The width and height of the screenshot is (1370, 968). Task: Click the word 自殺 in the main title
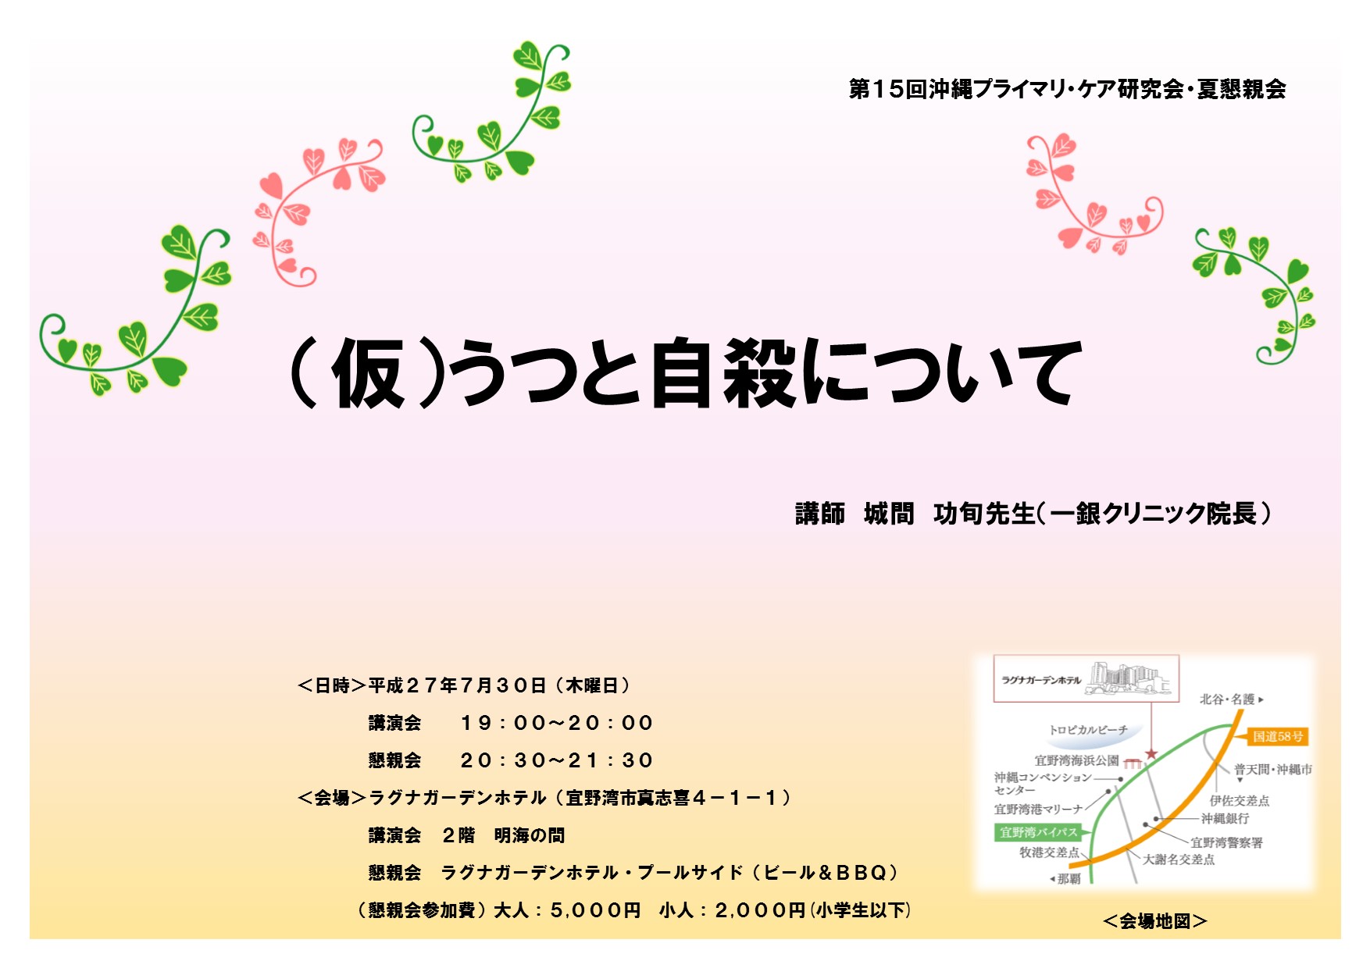pyautogui.click(x=722, y=373)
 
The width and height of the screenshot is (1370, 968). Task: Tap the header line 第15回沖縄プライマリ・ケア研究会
pyautogui.click(x=1016, y=89)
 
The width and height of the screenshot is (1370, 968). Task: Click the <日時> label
pyautogui.click(x=332, y=685)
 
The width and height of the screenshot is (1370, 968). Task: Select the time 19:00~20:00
pyautogui.click(x=556, y=723)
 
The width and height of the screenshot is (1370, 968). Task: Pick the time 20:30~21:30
pyautogui.click(x=556, y=760)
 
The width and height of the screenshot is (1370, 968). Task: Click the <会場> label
pyautogui.click(x=332, y=798)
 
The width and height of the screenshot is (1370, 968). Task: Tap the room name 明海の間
pyautogui.click(x=529, y=835)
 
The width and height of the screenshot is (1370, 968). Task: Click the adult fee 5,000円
pyautogui.click(x=595, y=910)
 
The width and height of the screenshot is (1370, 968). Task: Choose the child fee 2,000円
pyautogui.click(x=760, y=910)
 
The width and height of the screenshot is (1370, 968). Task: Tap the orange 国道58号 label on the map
pyautogui.click(x=1278, y=736)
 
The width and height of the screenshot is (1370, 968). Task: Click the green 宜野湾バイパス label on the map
pyautogui.click(x=1038, y=832)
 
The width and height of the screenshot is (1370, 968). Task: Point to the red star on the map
pyautogui.click(x=1151, y=754)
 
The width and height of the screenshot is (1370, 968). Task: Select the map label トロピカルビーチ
pyautogui.click(x=1088, y=730)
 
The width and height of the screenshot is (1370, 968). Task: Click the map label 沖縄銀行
pyautogui.click(x=1225, y=818)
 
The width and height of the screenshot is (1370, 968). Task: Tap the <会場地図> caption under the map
pyautogui.click(x=1155, y=921)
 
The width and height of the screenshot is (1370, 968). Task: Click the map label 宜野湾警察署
pyautogui.click(x=1226, y=842)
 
